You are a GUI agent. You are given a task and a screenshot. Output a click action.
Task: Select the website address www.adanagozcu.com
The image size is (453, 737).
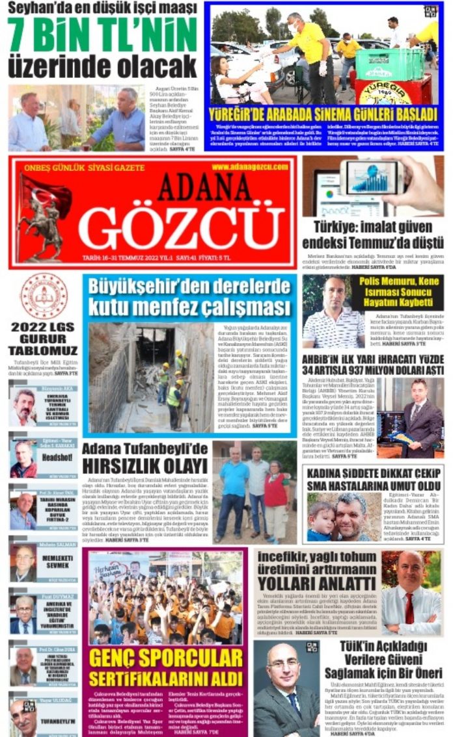pos(249,167)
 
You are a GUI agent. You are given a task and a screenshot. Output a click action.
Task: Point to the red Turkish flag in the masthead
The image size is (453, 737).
pos(46,194)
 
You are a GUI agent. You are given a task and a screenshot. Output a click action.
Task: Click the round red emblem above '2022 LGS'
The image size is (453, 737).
pos(43,296)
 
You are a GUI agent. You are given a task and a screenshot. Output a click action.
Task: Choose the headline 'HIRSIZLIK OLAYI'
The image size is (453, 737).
pos(144,466)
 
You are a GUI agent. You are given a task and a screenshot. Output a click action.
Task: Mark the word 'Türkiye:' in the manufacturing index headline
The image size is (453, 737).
pos(333,229)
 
